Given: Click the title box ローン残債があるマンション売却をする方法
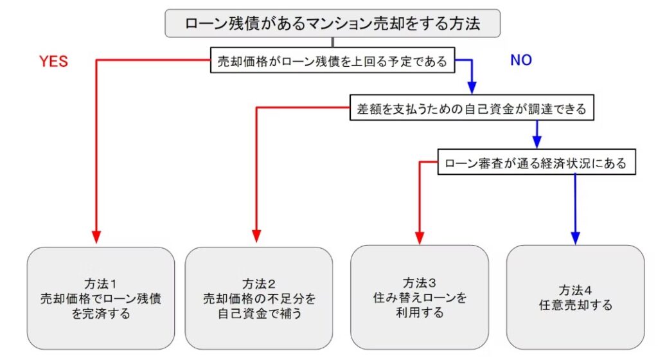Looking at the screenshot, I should point(332,23).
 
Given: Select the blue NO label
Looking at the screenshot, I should point(521,60).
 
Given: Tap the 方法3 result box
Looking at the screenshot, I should point(420,297).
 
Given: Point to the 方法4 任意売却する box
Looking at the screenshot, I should point(575,297).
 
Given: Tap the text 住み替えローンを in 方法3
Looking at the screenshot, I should point(420,298).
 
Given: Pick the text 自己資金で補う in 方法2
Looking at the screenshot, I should point(259,314).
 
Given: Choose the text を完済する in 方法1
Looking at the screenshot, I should point(101,314).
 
